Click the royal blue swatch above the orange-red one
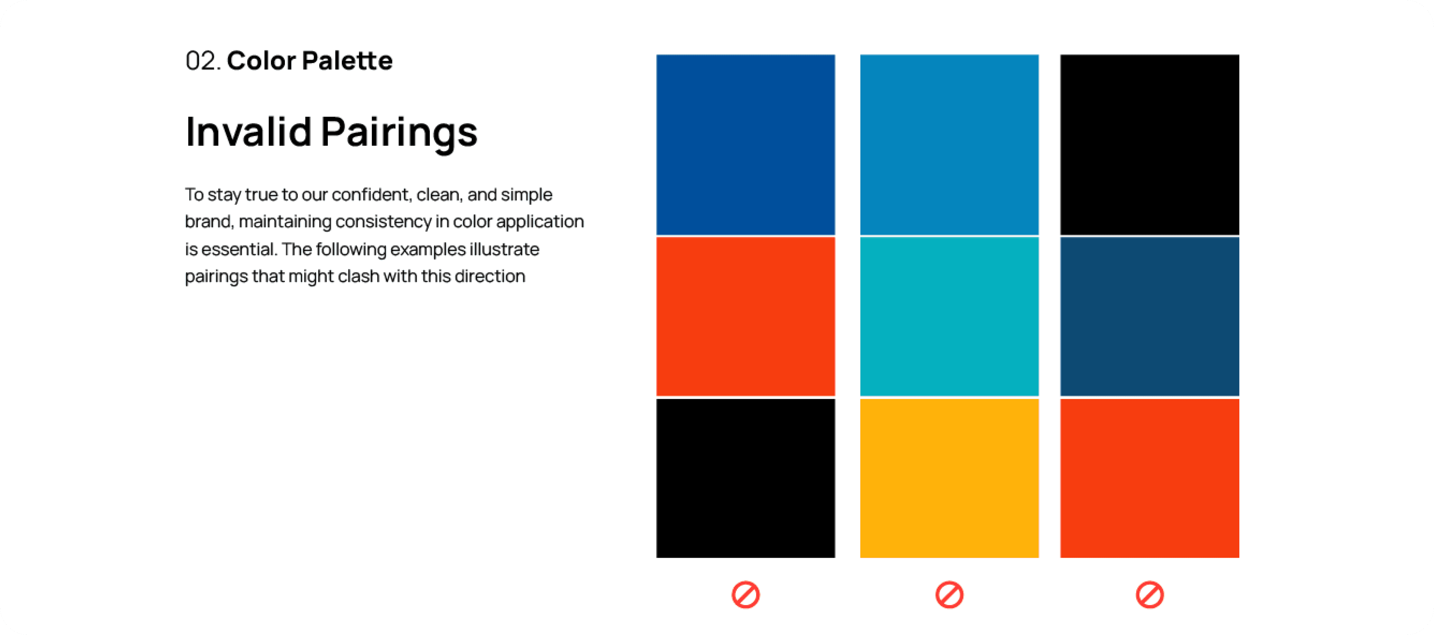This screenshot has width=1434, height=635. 745,145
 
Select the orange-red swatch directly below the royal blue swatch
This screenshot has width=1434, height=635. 745,316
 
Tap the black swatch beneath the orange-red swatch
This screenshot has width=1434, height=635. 745,478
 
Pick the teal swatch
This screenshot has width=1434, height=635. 949,316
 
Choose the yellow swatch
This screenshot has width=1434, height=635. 949,478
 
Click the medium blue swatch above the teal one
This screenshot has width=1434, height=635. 949,145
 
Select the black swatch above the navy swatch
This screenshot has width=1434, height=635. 1149,145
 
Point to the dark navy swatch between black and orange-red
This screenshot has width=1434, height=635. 1149,316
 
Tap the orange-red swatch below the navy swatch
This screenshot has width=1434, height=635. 1149,478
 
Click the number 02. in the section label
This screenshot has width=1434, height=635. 203,60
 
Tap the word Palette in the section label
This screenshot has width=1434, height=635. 347,60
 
